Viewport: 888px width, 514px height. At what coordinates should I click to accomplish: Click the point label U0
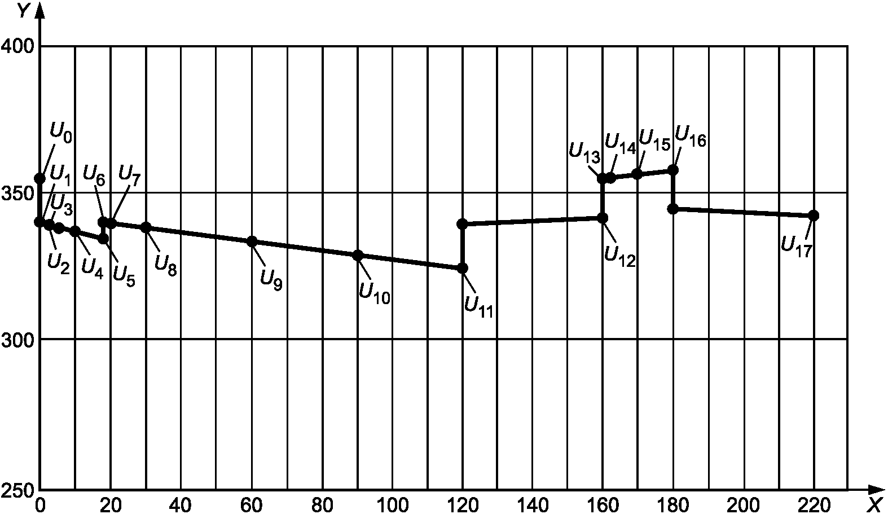[62, 132]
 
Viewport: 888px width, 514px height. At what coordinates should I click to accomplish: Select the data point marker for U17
[814, 216]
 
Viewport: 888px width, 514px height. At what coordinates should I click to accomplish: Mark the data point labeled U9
[252, 241]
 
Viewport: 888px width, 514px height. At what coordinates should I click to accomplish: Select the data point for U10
[358, 255]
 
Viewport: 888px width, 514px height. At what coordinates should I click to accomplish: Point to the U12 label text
[619, 256]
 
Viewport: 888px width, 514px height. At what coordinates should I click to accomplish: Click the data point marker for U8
[146, 227]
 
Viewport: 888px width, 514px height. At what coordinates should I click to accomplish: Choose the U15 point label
[654, 139]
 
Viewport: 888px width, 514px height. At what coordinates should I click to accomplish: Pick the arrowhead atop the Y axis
[39, 11]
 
